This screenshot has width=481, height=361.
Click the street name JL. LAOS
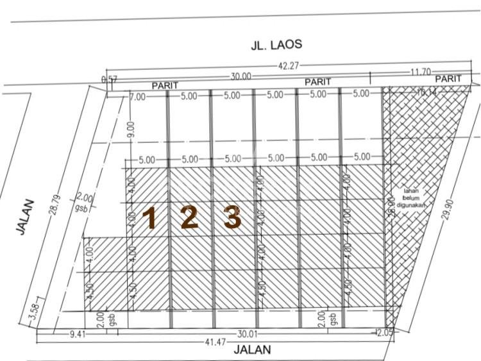[276, 46]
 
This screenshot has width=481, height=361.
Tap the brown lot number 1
[150, 219]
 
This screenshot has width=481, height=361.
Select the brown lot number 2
[189, 218]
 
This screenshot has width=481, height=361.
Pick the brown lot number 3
[232, 218]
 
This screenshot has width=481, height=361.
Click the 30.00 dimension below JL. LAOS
[241, 76]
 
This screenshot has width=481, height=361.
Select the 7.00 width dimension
[138, 96]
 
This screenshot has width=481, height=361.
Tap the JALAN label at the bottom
[252, 350]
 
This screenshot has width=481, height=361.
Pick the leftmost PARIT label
[165, 86]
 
